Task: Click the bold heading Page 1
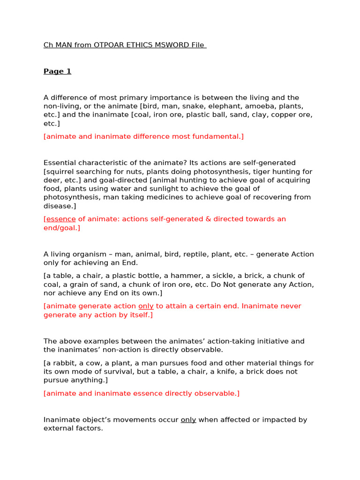click(57, 71)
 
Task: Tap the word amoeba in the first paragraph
click(249, 106)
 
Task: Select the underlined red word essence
click(60, 219)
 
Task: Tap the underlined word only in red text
click(146, 306)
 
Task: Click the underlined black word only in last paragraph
click(188, 420)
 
